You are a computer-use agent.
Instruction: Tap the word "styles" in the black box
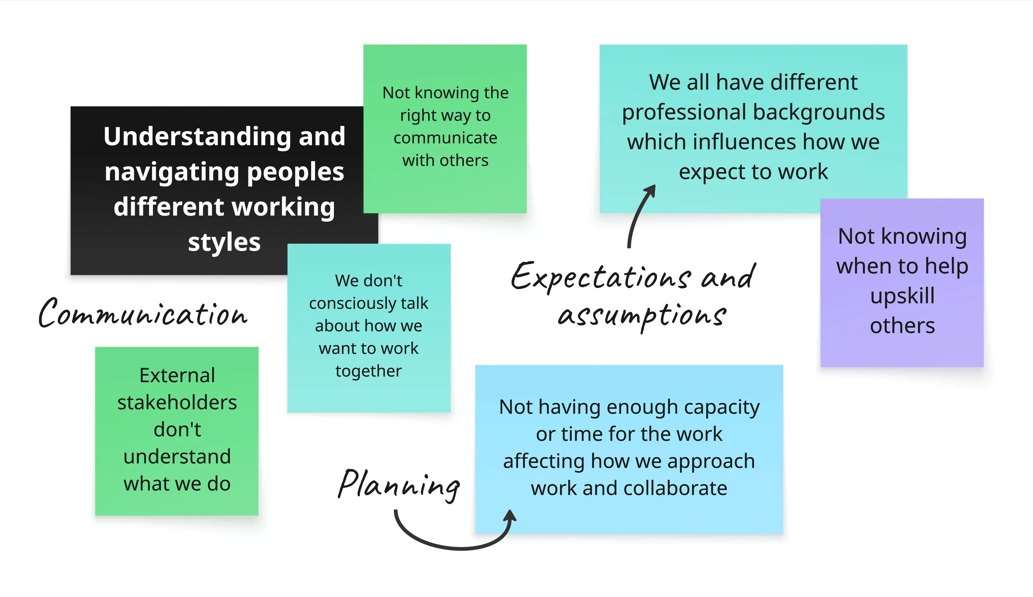[x=224, y=242]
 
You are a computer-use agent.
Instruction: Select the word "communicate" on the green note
[x=445, y=138]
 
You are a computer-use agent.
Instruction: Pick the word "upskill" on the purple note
[x=902, y=296]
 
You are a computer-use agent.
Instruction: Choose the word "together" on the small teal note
[x=369, y=371]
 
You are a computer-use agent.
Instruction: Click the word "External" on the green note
[x=177, y=375]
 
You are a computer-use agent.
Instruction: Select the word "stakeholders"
[x=177, y=403]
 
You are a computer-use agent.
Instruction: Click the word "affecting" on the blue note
[x=543, y=461]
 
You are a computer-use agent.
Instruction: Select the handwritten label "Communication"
[x=143, y=314]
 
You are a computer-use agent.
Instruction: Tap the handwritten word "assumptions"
[x=642, y=316]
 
